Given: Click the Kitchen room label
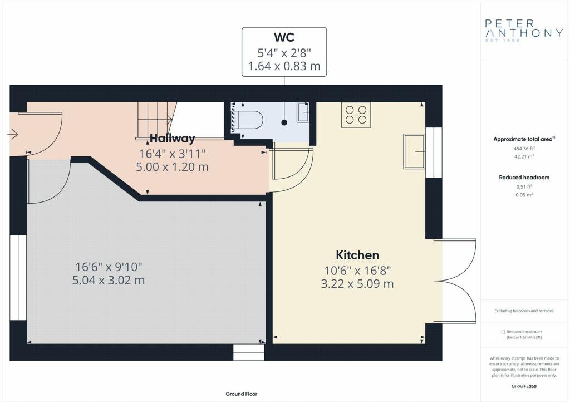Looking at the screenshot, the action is pyautogui.click(x=357, y=255).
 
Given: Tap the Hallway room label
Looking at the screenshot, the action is pyautogui.click(x=173, y=139).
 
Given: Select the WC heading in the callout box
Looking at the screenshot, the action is pyautogui.click(x=284, y=37).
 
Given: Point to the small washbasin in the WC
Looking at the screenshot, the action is pyautogui.click(x=303, y=112).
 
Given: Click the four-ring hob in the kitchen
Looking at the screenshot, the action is pyautogui.click(x=356, y=115).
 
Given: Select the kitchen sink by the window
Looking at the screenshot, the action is pyautogui.click(x=414, y=151).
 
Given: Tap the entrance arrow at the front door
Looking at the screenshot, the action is pyautogui.click(x=13, y=135).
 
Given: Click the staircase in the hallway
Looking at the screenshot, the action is pyautogui.click(x=155, y=121).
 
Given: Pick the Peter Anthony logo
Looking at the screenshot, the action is pyautogui.click(x=524, y=30).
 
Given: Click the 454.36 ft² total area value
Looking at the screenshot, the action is pyautogui.click(x=524, y=148).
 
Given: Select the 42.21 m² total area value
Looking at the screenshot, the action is pyautogui.click(x=524, y=156).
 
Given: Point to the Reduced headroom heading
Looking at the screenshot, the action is pyautogui.click(x=524, y=178).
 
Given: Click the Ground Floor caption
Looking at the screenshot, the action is pyautogui.click(x=242, y=394).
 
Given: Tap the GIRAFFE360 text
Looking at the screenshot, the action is pyautogui.click(x=524, y=386).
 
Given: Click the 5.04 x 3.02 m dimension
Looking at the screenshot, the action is pyautogui.click(x=109, y=280).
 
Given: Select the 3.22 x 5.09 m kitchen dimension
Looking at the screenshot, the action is pyautogui.click(x=357, y=283).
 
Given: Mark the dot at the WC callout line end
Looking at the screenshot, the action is pyautogui.click(x=284, y=122).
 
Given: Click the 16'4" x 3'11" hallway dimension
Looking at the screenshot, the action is pyautogui.click(x=173, y=154).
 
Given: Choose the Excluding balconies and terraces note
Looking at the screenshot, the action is pyautogui.click(x=524, y=311).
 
